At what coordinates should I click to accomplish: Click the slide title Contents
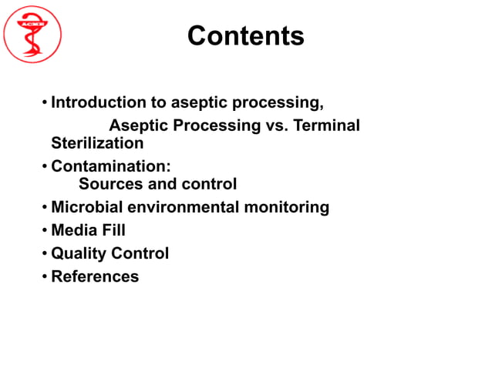tap(245, 35)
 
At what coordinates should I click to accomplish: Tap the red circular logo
tap(32, 33)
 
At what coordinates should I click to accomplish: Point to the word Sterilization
tap(96, 143)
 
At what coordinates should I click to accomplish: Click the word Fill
tap(113, 230)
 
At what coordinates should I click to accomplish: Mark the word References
tap(95, 276)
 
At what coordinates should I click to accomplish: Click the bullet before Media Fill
tap(45, 230)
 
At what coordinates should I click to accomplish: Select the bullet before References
tap(45, 276)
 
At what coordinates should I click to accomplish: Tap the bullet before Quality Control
tap(45, 253)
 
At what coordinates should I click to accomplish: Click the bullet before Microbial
tap(45, 207)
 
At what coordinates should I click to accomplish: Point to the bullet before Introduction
tap(45, 102)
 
